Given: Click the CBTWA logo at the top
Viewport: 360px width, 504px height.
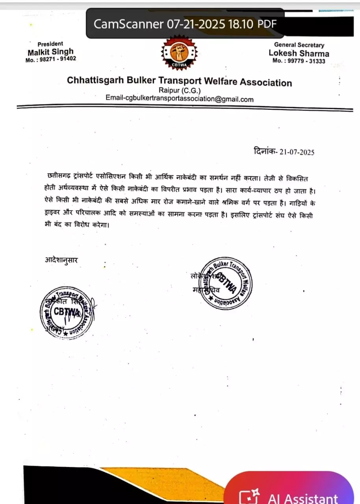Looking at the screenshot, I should coord(179,53).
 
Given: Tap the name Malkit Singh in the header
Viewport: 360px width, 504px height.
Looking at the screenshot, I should coord(50,52).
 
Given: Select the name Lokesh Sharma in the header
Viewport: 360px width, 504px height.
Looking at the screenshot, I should coord(299,53).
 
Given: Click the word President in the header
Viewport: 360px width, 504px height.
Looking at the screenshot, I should coord(50,44).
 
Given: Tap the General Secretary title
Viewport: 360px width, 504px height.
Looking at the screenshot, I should coord(299,45).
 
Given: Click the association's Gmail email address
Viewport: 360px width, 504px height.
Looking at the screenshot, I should coord(180,99).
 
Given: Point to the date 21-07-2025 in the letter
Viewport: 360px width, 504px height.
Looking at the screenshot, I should coord(297,152).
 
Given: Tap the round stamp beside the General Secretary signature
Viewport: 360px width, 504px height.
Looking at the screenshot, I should coord(225,283).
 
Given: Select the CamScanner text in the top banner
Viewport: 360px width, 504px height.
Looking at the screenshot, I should coord(128,24).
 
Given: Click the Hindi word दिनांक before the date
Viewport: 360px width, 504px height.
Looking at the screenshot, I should coord(265,151).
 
